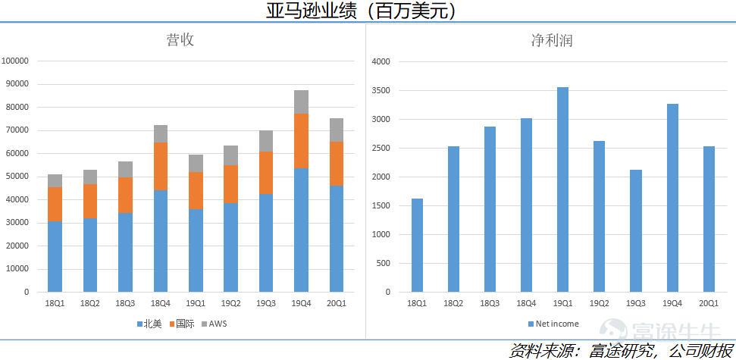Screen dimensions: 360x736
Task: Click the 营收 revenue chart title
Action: point(180,40)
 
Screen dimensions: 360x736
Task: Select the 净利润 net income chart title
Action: point(551,40)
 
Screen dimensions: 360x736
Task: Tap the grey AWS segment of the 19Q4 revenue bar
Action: point(301,102)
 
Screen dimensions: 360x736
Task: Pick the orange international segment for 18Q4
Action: point(161,166)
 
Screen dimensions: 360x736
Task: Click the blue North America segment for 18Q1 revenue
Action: point(55,256)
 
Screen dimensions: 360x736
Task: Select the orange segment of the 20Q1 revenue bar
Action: point(336,164)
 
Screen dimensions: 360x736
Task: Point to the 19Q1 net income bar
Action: point(562,189)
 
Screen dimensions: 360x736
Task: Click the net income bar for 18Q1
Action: point(417,245)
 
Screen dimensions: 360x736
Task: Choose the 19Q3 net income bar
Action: point(635,230)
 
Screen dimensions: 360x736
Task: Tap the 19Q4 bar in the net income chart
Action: point(672,198)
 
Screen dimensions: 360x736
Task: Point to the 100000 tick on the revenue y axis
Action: point(15,61)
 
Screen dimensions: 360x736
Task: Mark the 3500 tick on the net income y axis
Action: point(381,90)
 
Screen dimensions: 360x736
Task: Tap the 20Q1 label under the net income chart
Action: point(708,304)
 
